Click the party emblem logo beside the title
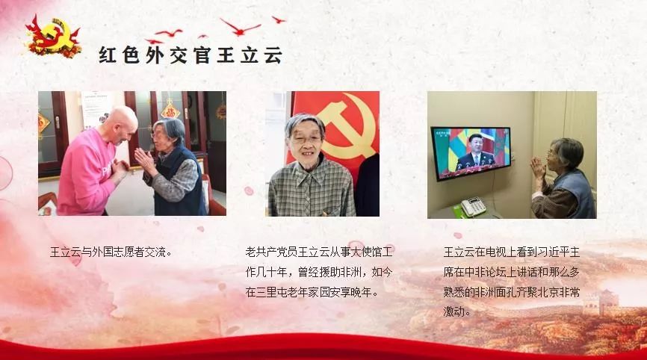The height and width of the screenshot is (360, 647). tap(53, 37)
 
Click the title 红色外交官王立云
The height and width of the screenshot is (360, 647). tap(191, 55)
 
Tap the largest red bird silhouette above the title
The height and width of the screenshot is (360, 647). tap(240, 27)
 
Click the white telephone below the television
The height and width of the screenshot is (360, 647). tap(473, 206)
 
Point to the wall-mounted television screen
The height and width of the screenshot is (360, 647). tap(471, 153)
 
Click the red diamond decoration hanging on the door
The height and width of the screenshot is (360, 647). tap(170, 111)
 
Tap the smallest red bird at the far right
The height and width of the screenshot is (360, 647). tap(279, 19)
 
